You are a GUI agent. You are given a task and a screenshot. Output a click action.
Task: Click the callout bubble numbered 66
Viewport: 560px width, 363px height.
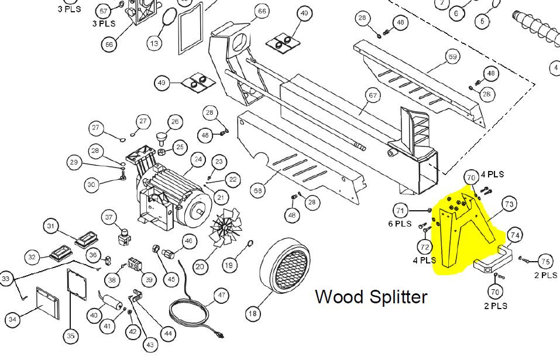(x=262, y=11)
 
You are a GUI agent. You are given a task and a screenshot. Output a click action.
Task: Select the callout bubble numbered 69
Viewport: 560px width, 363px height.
(x=452, y=57)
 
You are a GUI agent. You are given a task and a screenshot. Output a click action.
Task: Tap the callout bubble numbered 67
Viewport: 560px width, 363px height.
(x=373, y=95)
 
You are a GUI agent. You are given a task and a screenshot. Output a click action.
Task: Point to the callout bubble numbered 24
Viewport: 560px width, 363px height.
(x=198, y=159)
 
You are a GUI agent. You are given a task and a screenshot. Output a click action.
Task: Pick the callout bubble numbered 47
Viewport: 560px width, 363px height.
(x=221, y=295)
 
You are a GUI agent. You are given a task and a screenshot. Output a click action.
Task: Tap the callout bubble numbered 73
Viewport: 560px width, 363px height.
(x=509, y=204)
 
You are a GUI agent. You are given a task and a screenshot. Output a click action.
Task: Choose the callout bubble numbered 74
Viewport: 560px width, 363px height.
(x=514, y=235)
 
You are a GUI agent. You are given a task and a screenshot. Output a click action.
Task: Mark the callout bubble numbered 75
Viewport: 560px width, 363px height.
(x=545, y=261)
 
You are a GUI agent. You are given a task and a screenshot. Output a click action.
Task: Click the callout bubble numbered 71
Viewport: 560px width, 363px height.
(x=401, y=210)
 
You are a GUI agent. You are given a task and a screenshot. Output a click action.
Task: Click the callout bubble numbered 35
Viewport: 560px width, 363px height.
(x=71, y=335)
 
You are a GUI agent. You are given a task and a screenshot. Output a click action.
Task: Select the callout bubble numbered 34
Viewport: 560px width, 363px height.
(x=12, y=319)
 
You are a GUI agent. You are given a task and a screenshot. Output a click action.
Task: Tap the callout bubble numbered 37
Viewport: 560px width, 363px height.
(x=109, y=217)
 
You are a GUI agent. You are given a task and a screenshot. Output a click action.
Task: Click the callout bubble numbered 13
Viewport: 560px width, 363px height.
(x=154, y=43)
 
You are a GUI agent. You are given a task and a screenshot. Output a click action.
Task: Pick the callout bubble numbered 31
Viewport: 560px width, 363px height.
(x=51, y=227)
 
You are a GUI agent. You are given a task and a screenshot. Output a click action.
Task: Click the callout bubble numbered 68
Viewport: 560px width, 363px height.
(x=257, y=190)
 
